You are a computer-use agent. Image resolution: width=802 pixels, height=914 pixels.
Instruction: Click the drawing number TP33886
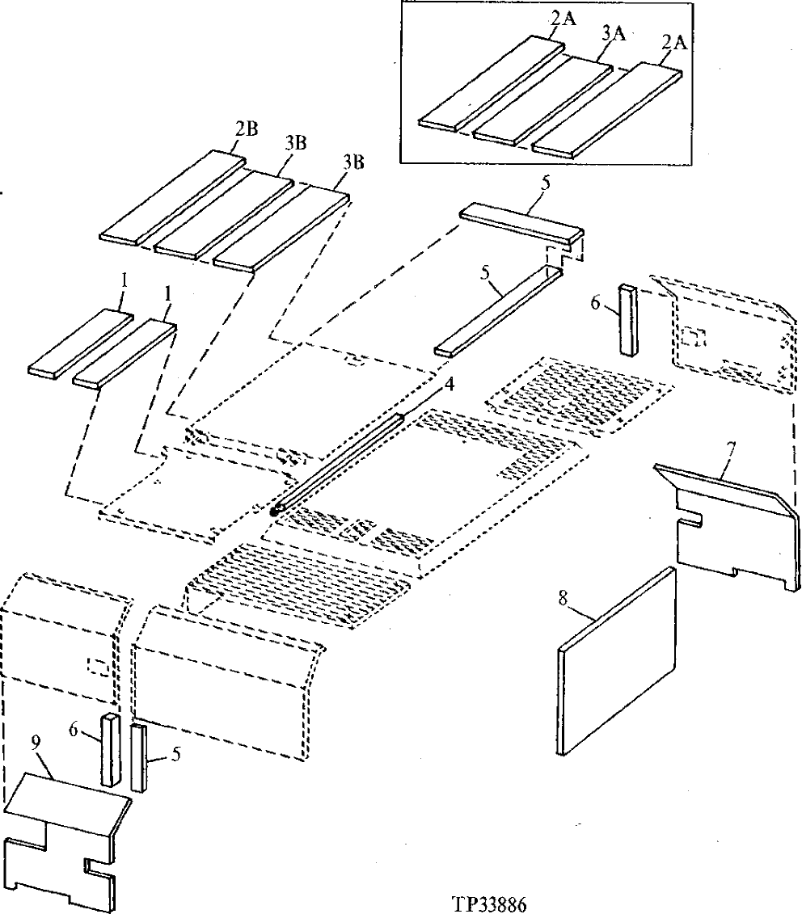[496, 901]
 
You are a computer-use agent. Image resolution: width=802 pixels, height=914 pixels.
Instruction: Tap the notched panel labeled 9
[61, 840]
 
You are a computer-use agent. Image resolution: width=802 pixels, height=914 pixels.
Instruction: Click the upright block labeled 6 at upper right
[629, 318]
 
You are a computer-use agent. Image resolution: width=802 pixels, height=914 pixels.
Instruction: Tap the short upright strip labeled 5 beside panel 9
[139, 757]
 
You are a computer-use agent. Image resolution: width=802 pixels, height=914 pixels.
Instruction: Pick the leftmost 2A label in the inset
[564, 20]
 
